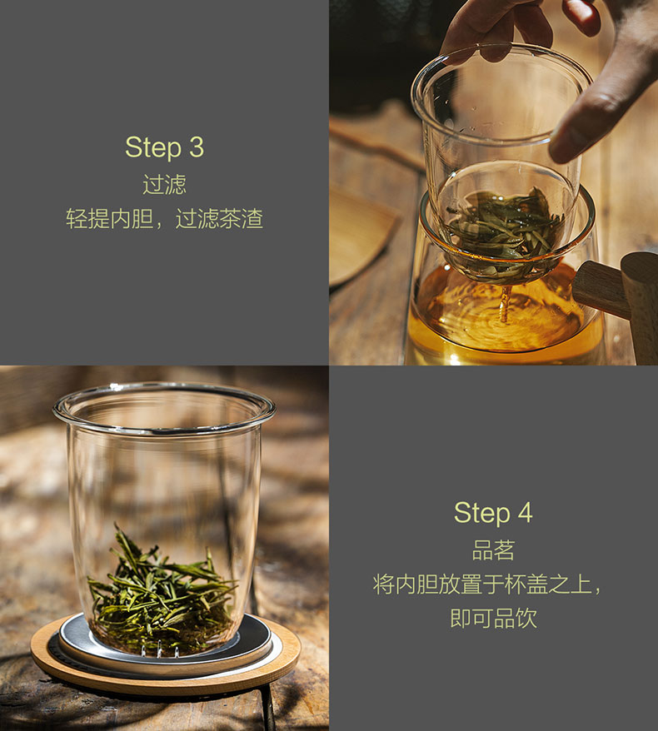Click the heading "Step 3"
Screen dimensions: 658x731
coord(164,147)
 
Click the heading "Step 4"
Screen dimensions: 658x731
coord(493,513)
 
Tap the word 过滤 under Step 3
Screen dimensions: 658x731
coord(164,185)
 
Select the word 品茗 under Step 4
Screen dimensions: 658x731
coord(493,550)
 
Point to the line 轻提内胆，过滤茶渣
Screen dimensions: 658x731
coord(164,219)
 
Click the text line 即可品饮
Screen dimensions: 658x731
coord(493,618)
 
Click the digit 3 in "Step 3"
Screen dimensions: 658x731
coord(197,147)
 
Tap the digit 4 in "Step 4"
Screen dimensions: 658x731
coord(525,513)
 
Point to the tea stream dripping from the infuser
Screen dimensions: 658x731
coord(504,304)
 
